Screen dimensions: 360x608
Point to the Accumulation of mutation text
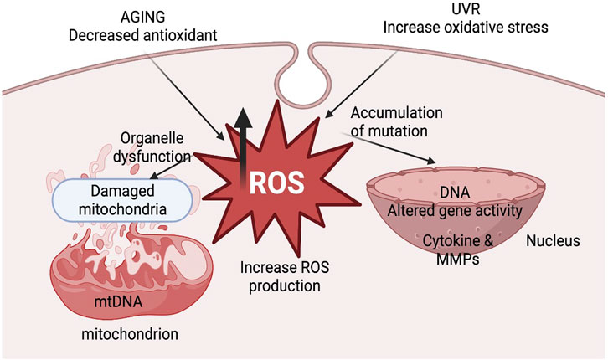tap(391, 122)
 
